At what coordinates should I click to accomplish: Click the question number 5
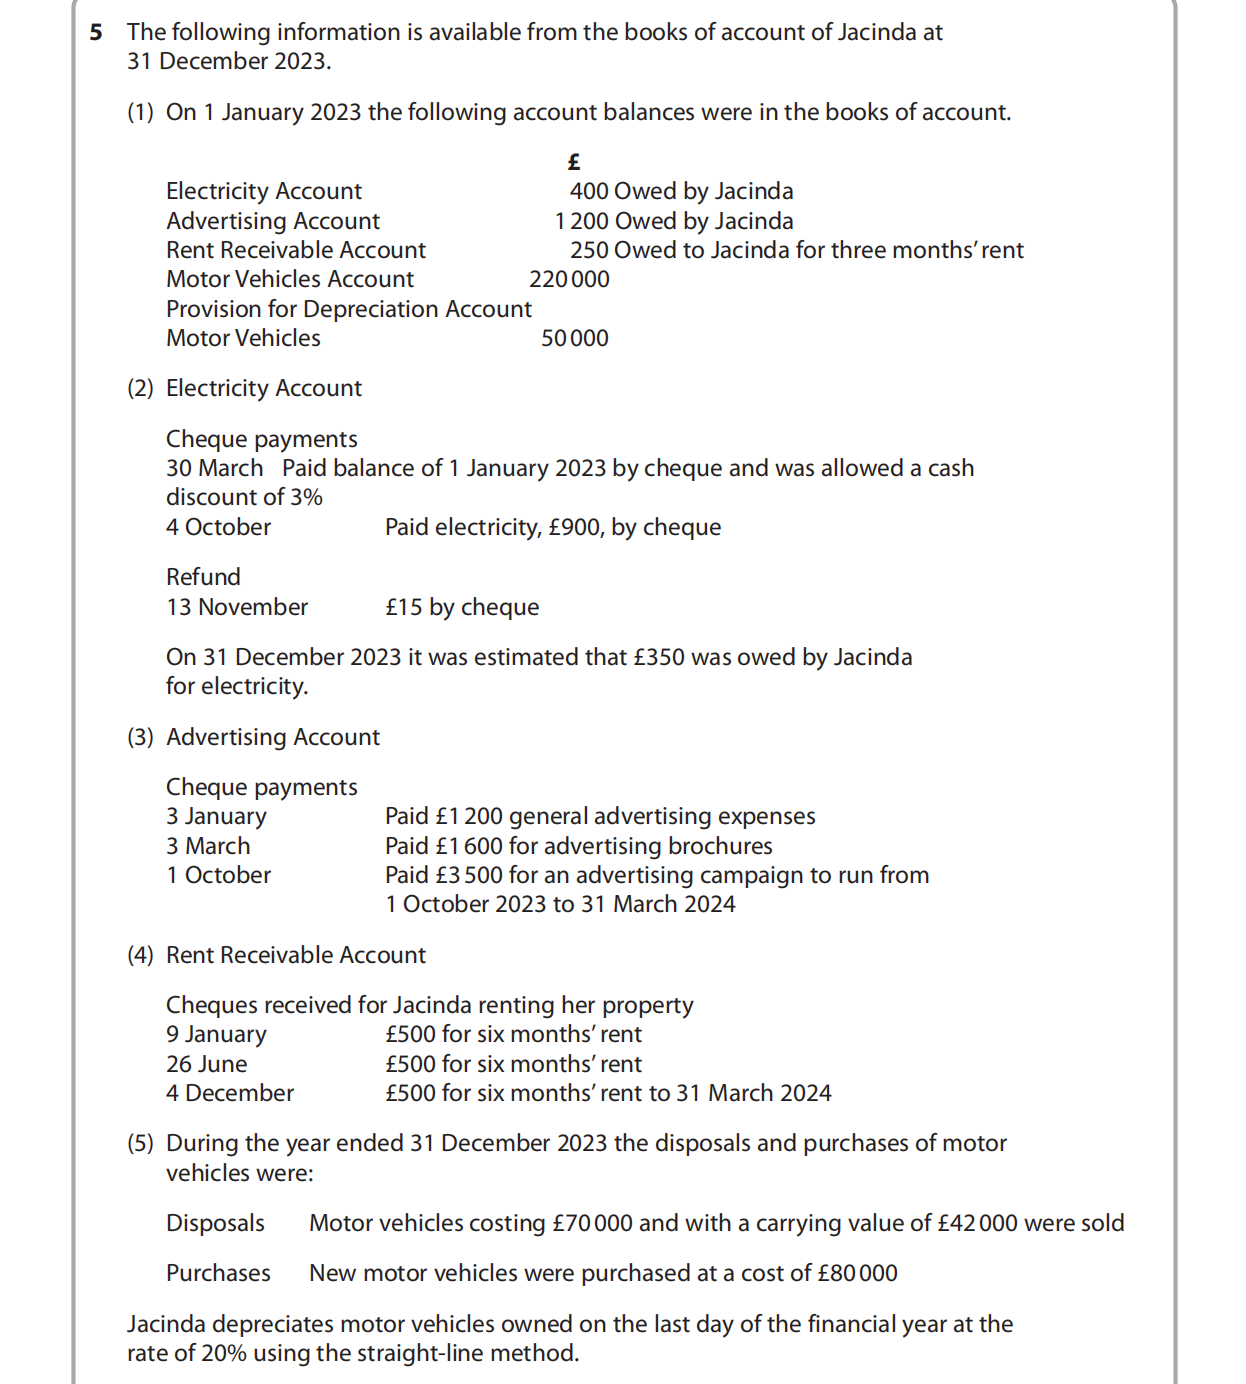96,32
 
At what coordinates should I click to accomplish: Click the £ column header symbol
574,161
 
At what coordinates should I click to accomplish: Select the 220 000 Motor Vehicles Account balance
569,279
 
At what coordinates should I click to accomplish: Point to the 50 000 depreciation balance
575,338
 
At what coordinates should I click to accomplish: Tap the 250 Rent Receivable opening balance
589,250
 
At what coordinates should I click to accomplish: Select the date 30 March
214,468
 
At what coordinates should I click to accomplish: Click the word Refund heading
203,577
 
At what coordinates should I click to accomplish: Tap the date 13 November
237,607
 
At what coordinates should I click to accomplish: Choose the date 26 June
206,1064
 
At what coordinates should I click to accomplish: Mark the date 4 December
230,1093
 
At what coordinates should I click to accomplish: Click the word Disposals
215,1223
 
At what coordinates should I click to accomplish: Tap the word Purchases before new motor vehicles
218,1273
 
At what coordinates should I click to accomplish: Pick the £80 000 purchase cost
857,1273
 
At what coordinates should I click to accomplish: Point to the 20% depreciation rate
226,1353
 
